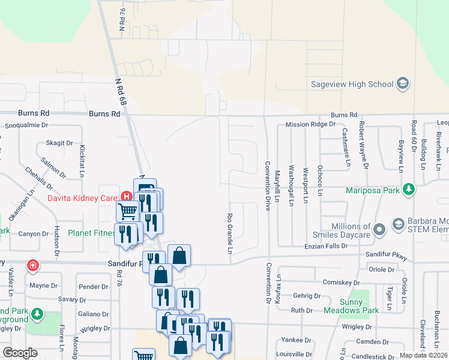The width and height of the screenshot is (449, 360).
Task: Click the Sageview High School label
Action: point(352,85)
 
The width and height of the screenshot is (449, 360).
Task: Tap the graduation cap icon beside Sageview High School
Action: point(403,84)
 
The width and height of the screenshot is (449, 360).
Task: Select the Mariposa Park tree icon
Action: point(408,190)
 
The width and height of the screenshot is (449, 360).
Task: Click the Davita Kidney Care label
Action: point(83,197)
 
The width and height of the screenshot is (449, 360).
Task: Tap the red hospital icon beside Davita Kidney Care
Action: point(126,196)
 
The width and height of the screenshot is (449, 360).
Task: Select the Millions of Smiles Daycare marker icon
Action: point(379,229)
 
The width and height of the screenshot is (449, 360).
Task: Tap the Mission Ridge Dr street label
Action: point(310,124)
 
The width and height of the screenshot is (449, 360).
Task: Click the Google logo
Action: point(20,353)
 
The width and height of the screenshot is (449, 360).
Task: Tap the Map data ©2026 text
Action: point(423,355)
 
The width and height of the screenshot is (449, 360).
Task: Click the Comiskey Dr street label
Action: point(340,282)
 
